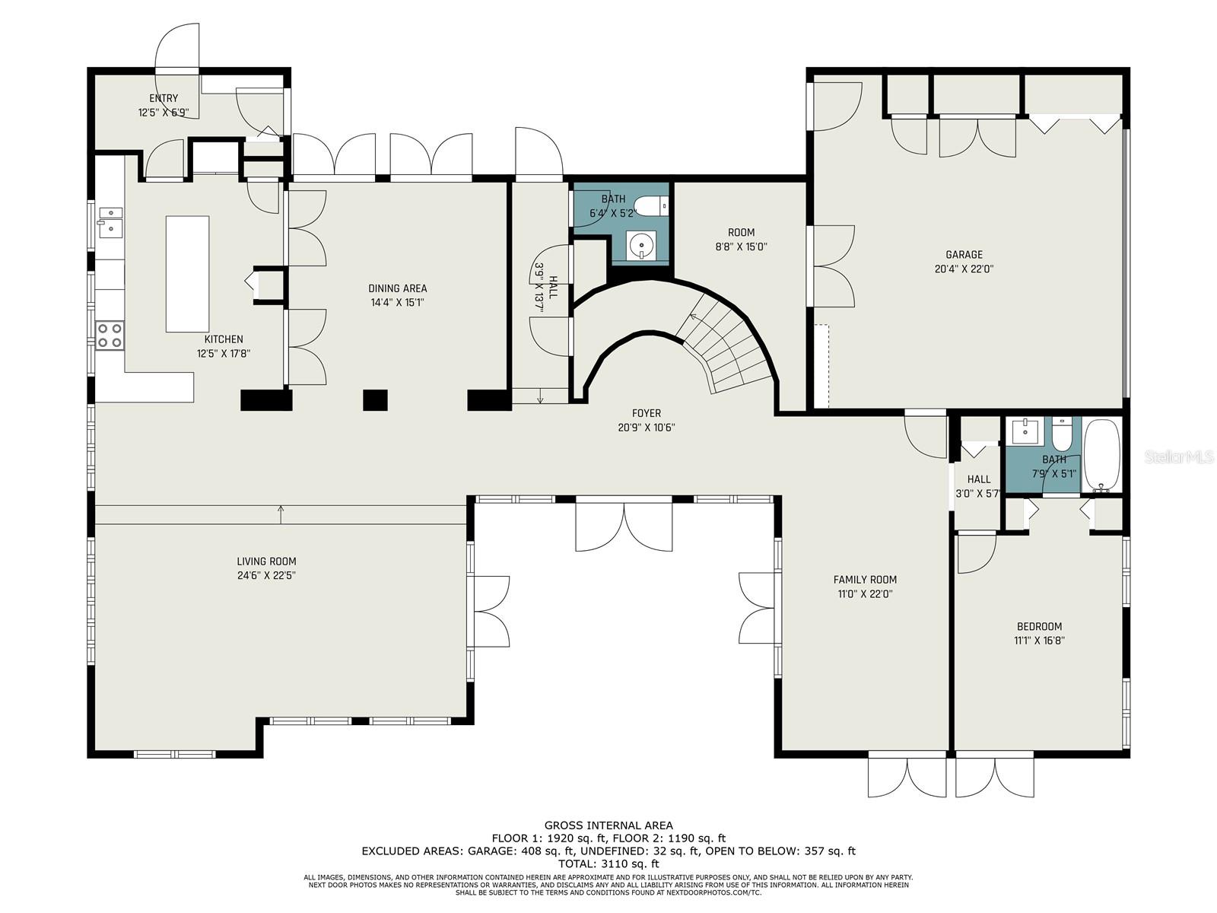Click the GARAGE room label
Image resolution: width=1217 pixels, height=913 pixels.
(964, 254)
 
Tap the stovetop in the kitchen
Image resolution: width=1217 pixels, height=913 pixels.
(110, 336)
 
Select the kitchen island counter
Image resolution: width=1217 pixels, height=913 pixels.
(187, 274)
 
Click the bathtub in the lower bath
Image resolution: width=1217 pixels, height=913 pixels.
(1101, 453)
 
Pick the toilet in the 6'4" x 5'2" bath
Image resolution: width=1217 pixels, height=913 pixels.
(652, 206)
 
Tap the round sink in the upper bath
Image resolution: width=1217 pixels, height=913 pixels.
(641, 245)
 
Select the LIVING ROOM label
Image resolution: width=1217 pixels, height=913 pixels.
(267, 561)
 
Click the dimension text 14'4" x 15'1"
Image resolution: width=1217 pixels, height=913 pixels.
(398, 302)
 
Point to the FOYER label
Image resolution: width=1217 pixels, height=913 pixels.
(647, 413)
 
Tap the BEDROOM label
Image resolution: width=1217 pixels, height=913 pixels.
(1040, 626)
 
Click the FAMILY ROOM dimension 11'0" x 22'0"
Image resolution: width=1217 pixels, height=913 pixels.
(865, 593)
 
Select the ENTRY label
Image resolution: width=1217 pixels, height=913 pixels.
(164, 98)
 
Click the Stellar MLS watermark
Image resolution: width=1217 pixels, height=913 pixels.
(1179, 456)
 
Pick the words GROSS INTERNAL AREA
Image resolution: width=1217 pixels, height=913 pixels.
(608, 826)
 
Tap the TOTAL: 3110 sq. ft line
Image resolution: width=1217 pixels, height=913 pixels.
(608, 863)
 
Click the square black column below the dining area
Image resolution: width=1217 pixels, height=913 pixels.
(375, 400)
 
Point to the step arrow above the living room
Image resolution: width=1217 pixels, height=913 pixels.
(281, 514)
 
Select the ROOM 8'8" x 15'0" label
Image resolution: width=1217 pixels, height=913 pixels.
(742, 240)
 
